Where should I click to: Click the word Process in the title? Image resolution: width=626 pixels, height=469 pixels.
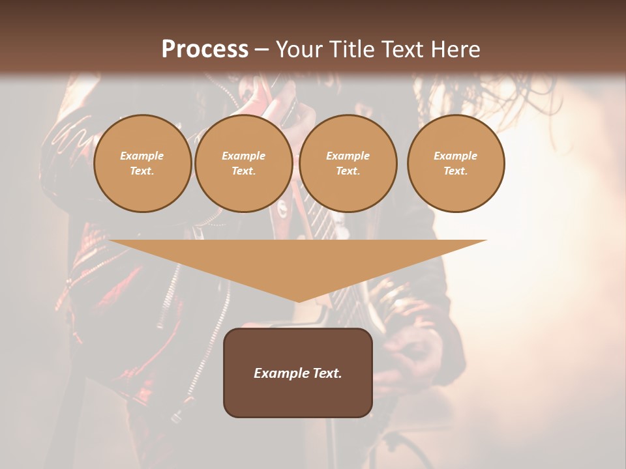pyautogui.click(x=205, y=50)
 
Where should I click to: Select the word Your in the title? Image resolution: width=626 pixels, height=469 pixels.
pyautogui.click(x=299, y=50)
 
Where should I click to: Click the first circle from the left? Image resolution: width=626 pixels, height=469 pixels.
pyautogui.click(x=143, y=163)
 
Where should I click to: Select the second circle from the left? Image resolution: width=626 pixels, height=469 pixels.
pyautogui.click(x=244, y=163)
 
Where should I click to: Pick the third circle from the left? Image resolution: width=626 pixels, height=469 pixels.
pyautogui.click(x=348, y=163)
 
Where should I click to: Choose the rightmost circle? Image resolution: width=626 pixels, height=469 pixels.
pyautogui.click(x=456, y=163)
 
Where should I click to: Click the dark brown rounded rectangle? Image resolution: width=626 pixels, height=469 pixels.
pyautogui.click(x=298, y=397)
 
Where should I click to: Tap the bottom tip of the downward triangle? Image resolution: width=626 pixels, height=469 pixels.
pyautogui.click(x=299, y=301)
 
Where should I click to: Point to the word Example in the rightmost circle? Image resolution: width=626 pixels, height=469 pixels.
pyautogui.click(x=455, y=156)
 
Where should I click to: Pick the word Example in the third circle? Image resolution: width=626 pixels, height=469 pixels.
pyautogui.click(x=348, y=156)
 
